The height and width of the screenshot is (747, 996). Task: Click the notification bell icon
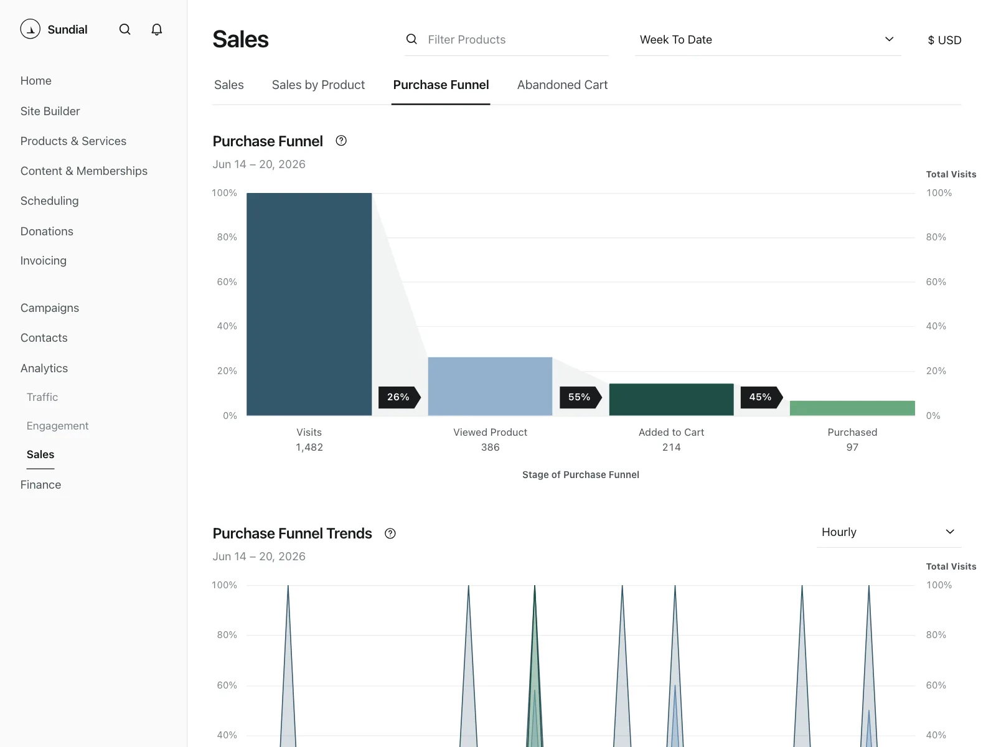click(156, 29)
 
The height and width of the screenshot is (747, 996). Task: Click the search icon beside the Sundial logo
click(125, 29)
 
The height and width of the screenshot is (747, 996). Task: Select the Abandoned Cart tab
click(562, 85)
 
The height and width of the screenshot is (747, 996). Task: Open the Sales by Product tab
click(318, 85)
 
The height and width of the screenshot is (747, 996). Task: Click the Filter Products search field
click(506, 40)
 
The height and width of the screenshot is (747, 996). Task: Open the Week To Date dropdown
click(768, 40)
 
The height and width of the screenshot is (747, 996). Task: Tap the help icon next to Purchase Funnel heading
click(341, 141)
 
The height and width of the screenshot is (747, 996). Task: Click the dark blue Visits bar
click(309, 304)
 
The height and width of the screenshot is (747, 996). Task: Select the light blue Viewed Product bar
click(490, 387)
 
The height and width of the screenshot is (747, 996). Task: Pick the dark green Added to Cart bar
click(671, 400)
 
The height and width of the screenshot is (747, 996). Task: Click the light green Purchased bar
click(852, 408)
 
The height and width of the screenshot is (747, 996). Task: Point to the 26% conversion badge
click(399, 397)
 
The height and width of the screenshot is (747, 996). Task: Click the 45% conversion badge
click(761, 397)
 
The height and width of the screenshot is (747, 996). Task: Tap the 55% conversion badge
click(580, 397)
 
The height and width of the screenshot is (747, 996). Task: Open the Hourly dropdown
click(888, 532)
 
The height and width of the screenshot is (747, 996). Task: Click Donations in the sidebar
click(47, 232)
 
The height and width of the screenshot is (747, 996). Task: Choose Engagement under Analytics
click(58, 426)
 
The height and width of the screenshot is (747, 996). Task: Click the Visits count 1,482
click(309, 447)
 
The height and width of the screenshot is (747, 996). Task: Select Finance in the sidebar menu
click(41, 485)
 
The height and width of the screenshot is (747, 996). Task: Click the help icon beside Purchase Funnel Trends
click(390, 533)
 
